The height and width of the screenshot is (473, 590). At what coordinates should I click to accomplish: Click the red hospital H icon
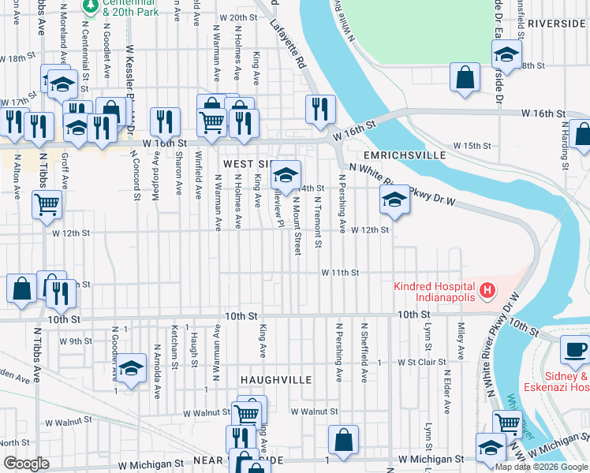click(x=487, y=291)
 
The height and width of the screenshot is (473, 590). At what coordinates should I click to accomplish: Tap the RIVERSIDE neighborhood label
click(x=558, y=24)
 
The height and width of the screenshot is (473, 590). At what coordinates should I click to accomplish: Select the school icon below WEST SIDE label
click(x=286, y=174)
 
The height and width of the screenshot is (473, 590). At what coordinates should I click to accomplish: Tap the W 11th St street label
click(x=339, y=273)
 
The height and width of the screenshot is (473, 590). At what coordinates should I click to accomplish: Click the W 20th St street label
click(x=239, y=17)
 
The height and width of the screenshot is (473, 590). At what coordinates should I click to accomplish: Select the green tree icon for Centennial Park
click(x=91, y=6)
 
